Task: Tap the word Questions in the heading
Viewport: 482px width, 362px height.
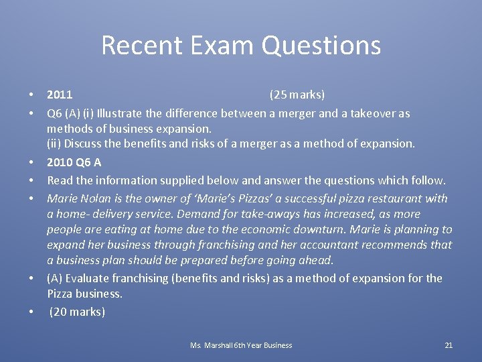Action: coord(321,46)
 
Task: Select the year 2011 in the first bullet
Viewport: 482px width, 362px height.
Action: coord(60,95)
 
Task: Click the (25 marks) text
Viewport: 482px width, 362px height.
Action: coord(297,95)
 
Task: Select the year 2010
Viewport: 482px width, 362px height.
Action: coord(60,162)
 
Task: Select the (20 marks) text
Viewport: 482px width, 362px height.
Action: coord(77,312)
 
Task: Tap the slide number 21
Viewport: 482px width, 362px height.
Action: coord(449,345)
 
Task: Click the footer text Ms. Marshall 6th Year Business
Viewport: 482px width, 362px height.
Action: coord(241,345)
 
